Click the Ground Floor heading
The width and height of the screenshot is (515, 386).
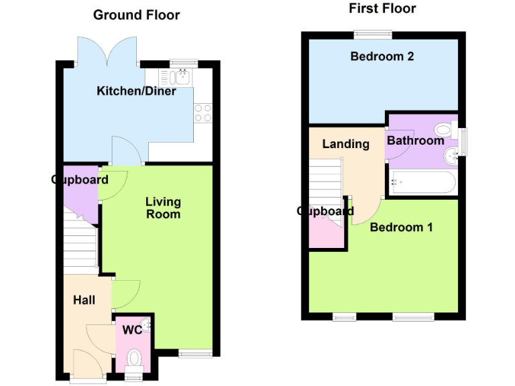[x=136, y=15]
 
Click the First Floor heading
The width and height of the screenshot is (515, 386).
[x=382, y=9]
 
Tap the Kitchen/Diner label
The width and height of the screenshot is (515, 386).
[x=136, y=91]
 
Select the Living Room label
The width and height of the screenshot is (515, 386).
[x=163, y=208]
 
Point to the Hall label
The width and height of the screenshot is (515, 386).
[x=84, y=300]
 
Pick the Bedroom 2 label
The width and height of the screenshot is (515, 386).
[x=382, y=56]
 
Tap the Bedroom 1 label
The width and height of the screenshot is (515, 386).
[x=401, y=227]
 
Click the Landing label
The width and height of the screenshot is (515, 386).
[x=345, y=143]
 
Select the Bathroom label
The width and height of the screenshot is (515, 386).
[x=415, y=141]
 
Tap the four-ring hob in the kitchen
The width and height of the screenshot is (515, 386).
[x=203, y=113]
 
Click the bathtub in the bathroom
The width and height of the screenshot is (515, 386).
[x=422, y=182]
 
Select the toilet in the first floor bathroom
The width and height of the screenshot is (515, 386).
[x=444, y=129]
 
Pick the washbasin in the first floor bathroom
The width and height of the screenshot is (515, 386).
[x=451, y=155]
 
